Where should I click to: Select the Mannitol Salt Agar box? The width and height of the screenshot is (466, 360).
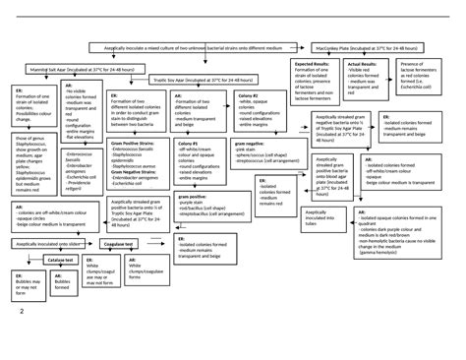tap(55, 71)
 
